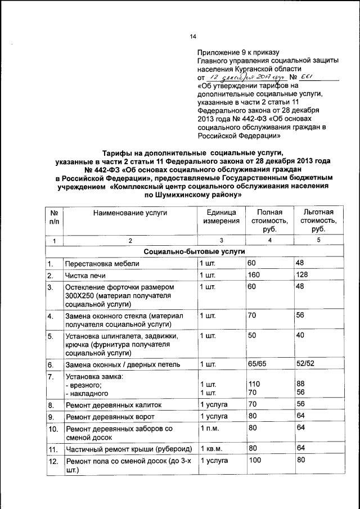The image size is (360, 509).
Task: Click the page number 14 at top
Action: pos(193,37)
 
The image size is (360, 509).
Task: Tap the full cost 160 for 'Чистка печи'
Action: pos(254,275)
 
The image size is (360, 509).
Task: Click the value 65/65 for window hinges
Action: pos(257,364)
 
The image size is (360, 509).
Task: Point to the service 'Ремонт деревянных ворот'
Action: pos(110,417)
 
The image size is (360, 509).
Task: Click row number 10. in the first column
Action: pos(53,429)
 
